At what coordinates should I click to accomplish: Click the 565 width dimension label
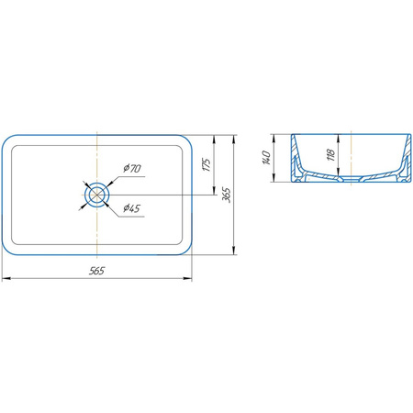96,271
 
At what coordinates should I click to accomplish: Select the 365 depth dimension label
227,195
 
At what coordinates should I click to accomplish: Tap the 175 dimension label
206,164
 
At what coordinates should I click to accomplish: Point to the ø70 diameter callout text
132,168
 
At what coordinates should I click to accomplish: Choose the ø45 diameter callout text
131,208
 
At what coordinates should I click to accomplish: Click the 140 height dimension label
266,157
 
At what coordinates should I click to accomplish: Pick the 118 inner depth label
330,155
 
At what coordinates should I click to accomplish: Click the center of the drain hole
96,195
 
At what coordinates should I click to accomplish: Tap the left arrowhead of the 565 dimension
6,278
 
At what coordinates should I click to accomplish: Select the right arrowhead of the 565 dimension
187,278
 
